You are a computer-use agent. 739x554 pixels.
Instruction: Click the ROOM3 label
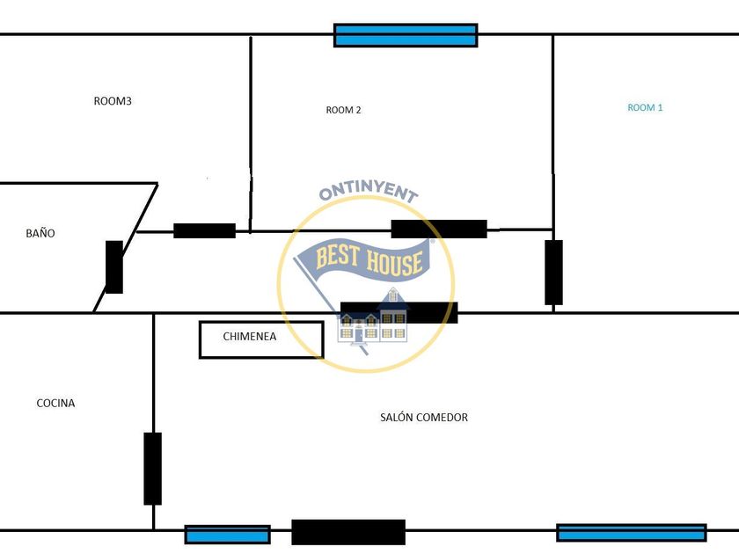click(113, 101)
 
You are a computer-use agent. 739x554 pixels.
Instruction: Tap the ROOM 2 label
click(343, 110)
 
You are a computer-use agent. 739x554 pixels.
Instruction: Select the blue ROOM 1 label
click(645, 107)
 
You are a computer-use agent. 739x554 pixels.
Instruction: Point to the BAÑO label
click(40, 233)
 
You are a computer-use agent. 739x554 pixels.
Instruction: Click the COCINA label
click(55, 403)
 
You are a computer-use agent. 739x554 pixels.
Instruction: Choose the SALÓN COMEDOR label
click(424, 417)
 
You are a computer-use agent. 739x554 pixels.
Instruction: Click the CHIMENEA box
click(261, 339)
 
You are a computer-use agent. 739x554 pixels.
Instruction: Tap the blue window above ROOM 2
click(406, 35)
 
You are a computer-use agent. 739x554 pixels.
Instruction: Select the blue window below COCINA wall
click(227, 535)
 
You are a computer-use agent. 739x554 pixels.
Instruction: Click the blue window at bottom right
click(631, 533)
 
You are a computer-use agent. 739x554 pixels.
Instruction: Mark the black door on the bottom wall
click(348, 532)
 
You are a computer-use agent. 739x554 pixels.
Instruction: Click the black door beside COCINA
click(153, 469)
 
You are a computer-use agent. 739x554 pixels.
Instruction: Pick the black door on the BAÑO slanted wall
click(114, 266)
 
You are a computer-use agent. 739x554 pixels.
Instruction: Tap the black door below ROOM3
click(204, 230)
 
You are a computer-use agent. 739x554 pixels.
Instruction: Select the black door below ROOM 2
click(439, 229)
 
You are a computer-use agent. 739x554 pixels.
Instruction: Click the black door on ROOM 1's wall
click(553, 273)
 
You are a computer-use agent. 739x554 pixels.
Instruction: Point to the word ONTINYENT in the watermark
click(368, 193)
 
